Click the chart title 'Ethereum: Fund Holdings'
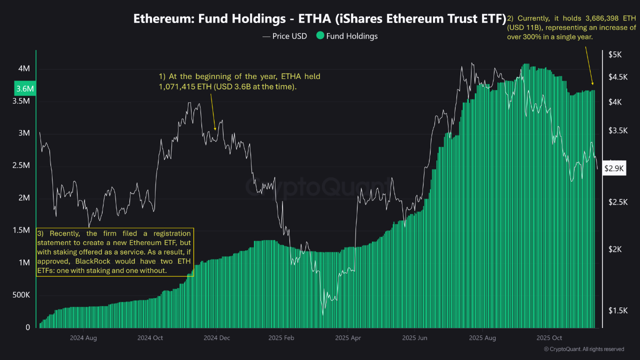coord(209,19)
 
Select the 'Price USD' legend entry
coord(284,36)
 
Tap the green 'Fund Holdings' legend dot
coord(320,35)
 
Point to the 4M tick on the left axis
coord(24,68)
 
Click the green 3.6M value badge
coord(25,88)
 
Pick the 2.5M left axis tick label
coord(21,165)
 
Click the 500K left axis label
coord(21,295)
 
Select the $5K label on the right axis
coord(615,54)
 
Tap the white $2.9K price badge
coord(614,168)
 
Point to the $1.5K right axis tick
coord(618,310)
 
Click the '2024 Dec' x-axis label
coord(217,338)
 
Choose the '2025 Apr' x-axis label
coord(348,338)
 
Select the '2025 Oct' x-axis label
coord(549,338)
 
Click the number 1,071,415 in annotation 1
coord(176,86)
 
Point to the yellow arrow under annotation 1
coord(213,112)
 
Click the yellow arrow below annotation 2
coord(589,65)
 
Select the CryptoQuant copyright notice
coord(584,349)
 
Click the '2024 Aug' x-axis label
coord(83,338)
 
